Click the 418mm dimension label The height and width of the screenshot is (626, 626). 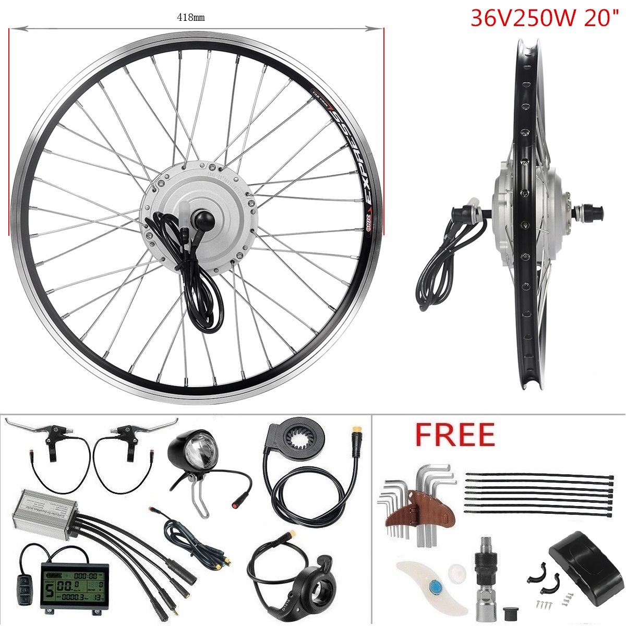190,18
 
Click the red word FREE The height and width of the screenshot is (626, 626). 454,435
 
